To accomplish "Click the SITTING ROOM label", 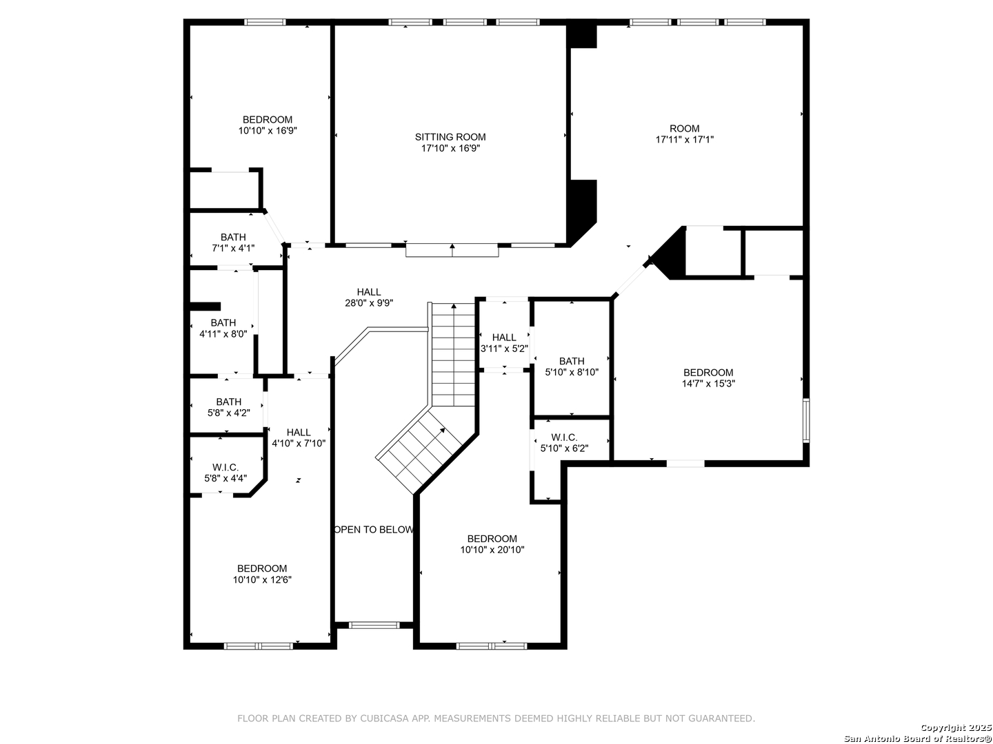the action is tap(450, 137).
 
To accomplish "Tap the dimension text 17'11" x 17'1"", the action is tap(685, 140).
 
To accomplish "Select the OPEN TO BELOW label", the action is tap(374, 530).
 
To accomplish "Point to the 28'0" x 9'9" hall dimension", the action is tap(369, 303).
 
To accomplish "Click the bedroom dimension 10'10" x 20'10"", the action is tap(492, 550).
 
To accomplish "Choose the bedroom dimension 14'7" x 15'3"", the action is tap(708, 384).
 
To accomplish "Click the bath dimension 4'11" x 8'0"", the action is tap(223, 334).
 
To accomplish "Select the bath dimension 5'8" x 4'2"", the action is tap(228, 413).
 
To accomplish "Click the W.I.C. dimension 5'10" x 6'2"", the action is tap(564, 448).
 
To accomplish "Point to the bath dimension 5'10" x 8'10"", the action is tap(572, 372).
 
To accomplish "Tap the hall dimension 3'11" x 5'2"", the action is tap(504, 349).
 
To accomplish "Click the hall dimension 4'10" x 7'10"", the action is tap(299, 443).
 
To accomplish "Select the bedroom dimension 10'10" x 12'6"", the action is tap(262, 579).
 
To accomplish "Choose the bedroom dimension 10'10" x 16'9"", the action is tap(268, 131).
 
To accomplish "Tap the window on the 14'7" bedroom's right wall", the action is tap(805, 420).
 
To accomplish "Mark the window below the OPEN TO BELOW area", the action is tap(374, 626).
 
